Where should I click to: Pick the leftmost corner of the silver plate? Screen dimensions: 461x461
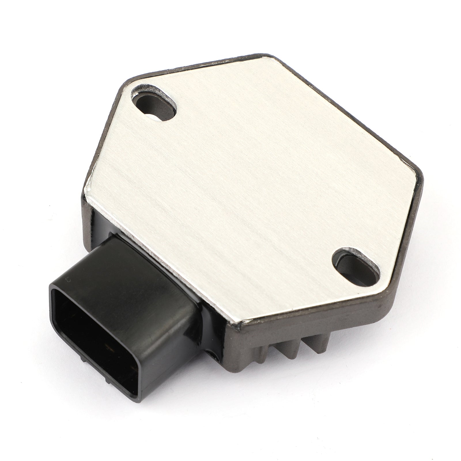[x=86, y=190]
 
